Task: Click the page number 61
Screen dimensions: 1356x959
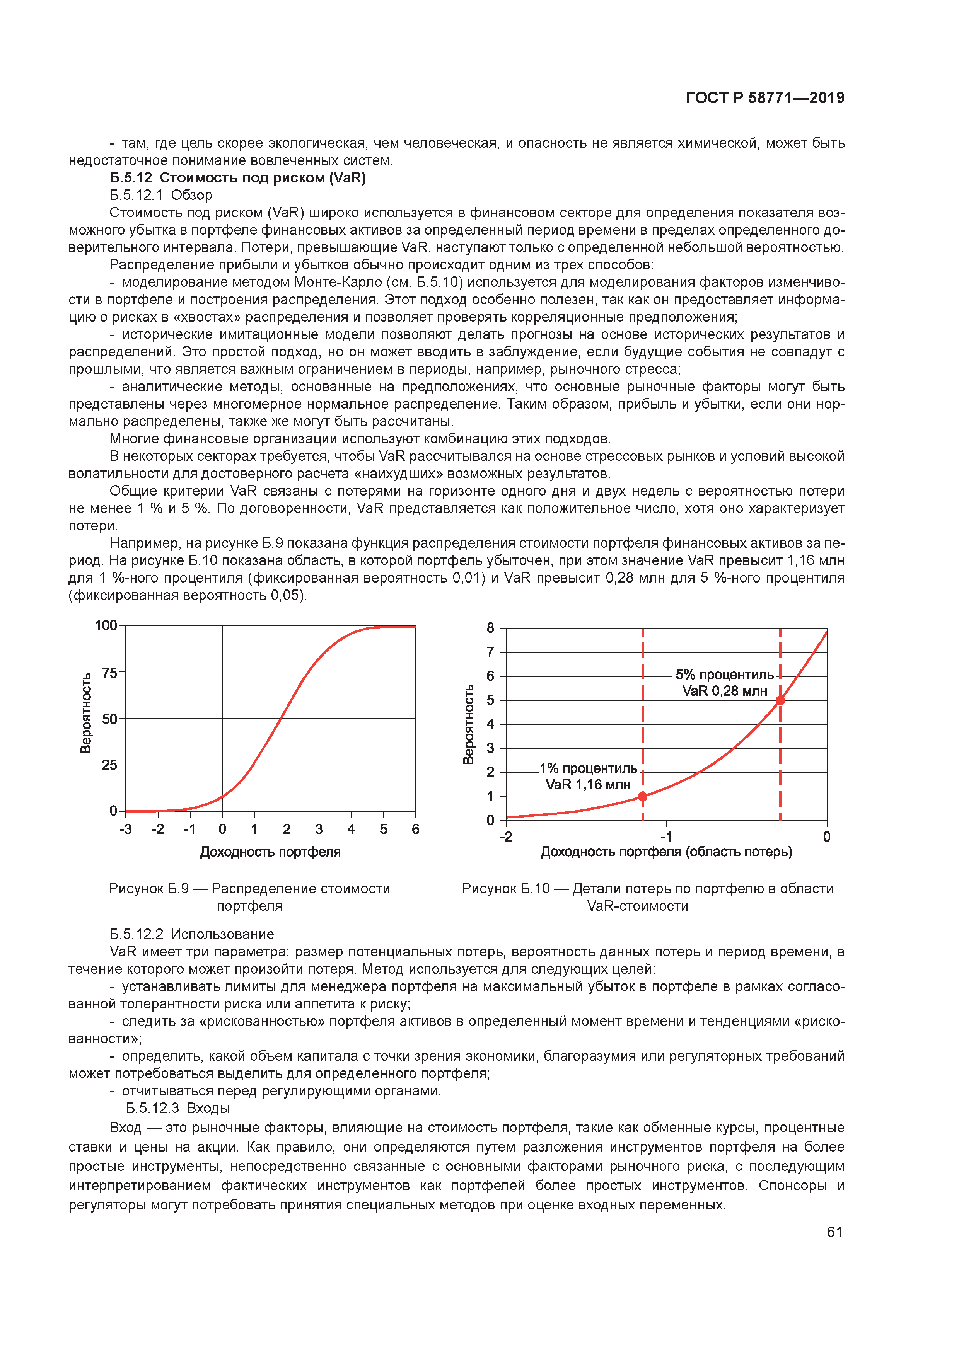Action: (834, 1232)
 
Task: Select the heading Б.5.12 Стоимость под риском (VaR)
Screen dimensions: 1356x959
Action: (237, 178)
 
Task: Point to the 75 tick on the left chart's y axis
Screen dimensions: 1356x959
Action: (109, 673)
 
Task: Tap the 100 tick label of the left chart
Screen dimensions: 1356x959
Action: (106, 625)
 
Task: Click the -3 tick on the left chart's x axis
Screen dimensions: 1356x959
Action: (125, 829)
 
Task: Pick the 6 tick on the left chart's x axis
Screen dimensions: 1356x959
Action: (415, 829)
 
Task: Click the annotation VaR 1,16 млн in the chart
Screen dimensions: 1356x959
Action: (587, 785)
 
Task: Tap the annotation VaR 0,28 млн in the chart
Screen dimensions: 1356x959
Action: (724, 691)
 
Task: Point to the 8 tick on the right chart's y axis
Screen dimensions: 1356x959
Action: (490, 629)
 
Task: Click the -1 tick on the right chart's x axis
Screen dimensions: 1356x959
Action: (666, 837)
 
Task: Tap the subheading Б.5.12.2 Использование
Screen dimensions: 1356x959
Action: (192, 934)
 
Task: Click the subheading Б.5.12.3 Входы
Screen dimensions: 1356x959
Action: (177, 1108)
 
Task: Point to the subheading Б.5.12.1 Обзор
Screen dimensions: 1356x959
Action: (161, 195)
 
